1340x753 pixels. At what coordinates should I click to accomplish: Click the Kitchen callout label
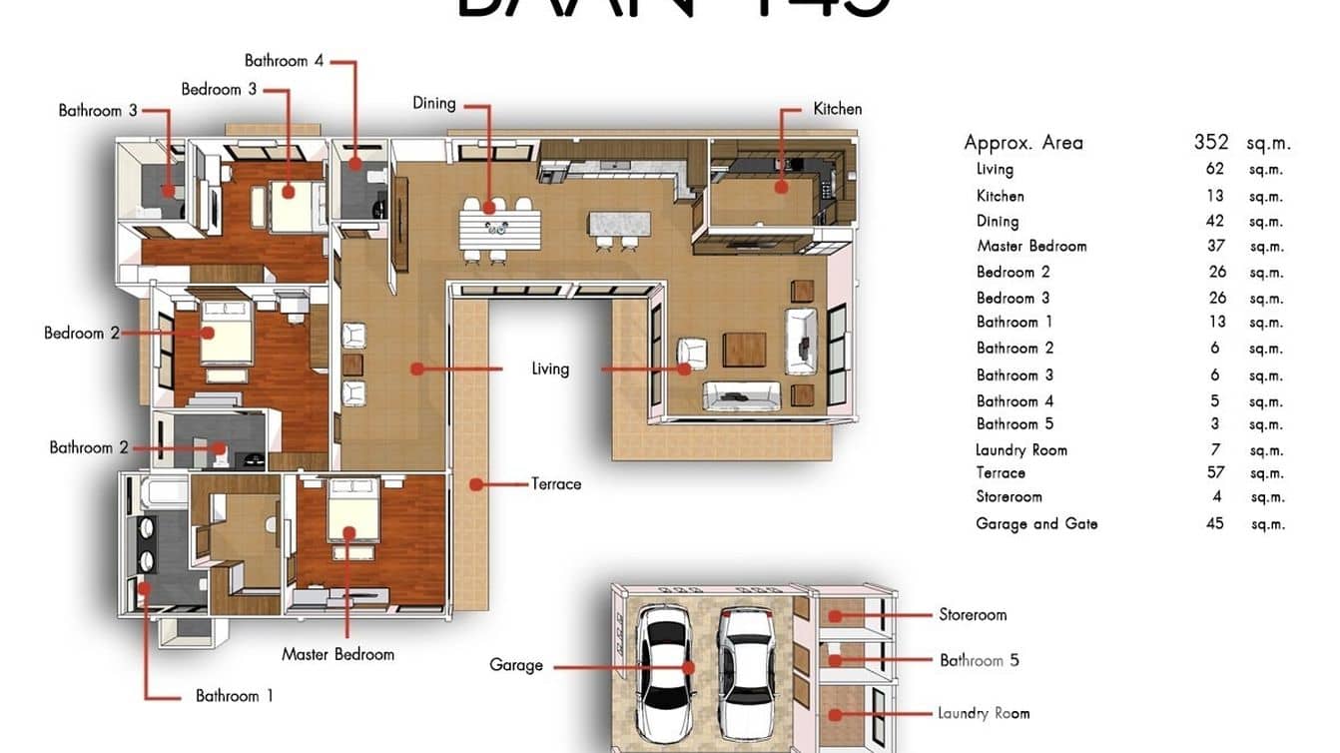click(x=837, y=109)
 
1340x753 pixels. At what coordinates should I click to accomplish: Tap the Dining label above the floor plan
click(x=434, y=103)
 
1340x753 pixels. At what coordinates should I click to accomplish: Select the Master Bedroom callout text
click(x=337, y=655)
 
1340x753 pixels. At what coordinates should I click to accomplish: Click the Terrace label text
click(x=556, y=484)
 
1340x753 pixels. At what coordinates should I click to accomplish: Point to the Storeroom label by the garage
click(x=972, y=615)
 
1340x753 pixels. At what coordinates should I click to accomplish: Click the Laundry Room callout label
click(x=983, y=713)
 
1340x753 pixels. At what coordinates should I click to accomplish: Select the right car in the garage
click(x=742, y=667)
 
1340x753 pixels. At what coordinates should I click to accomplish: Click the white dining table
click(x=499, y=228)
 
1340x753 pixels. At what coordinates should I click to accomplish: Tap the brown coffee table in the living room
click(x=744, y=349)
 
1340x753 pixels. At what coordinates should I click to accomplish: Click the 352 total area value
click(x=1211, y=142)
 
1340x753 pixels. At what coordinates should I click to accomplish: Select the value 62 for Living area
click(x=1214, y=169)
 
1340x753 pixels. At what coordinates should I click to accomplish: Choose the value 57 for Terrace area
click(x=1215, y=472)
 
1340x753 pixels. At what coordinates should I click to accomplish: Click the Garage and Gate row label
click(x=1036, y=523)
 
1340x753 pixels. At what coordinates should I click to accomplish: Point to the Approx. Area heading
click(x=1022, y=143)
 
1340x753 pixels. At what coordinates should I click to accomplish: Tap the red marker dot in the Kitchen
click(x=782, y=186)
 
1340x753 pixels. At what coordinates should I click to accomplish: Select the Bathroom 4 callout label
click(x=284, y=61)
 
